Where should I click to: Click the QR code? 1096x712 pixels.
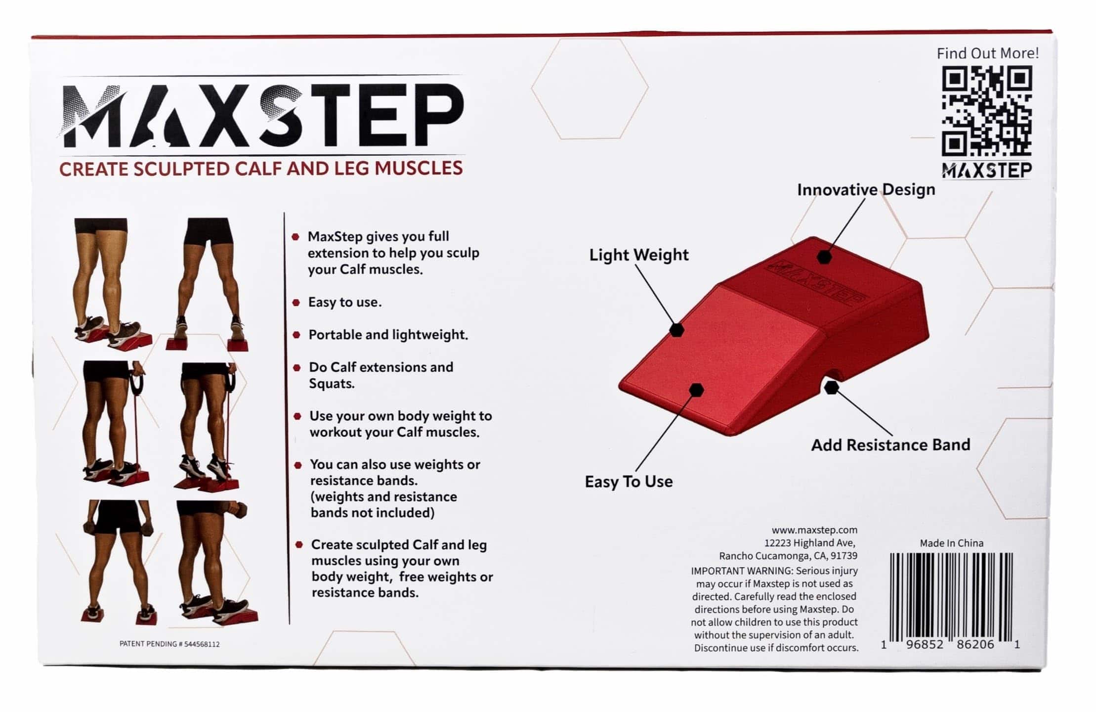(x=987, y=111)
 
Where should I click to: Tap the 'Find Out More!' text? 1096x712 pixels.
(x=987, y=53)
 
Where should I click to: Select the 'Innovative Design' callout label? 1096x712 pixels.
(x=866, y=190)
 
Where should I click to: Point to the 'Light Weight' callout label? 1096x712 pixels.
(x=638, y=255)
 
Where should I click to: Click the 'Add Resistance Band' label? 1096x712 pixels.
(x=890, y=445)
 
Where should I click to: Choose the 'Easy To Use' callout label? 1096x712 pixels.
(x=629, y=482)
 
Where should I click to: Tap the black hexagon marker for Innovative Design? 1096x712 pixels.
(x=824, y=257)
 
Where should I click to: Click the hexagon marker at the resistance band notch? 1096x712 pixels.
(x=832, y=388)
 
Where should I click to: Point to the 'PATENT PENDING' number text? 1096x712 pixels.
(x=169, y=644)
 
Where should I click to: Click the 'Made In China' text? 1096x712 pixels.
(x=951, y=543)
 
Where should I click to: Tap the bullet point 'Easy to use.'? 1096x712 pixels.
(x=344, y=302)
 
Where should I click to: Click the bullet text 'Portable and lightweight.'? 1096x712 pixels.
(x=388, y=335)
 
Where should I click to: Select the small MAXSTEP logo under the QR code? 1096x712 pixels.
(x=987, y=171)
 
